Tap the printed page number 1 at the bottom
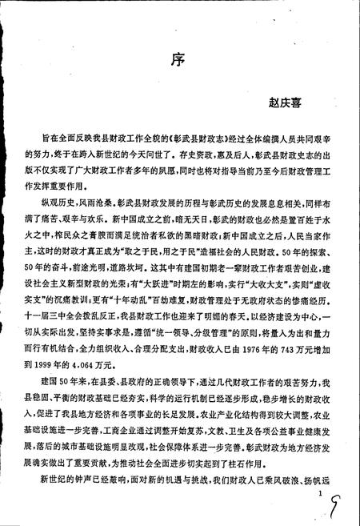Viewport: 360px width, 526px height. tap(318, 496)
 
